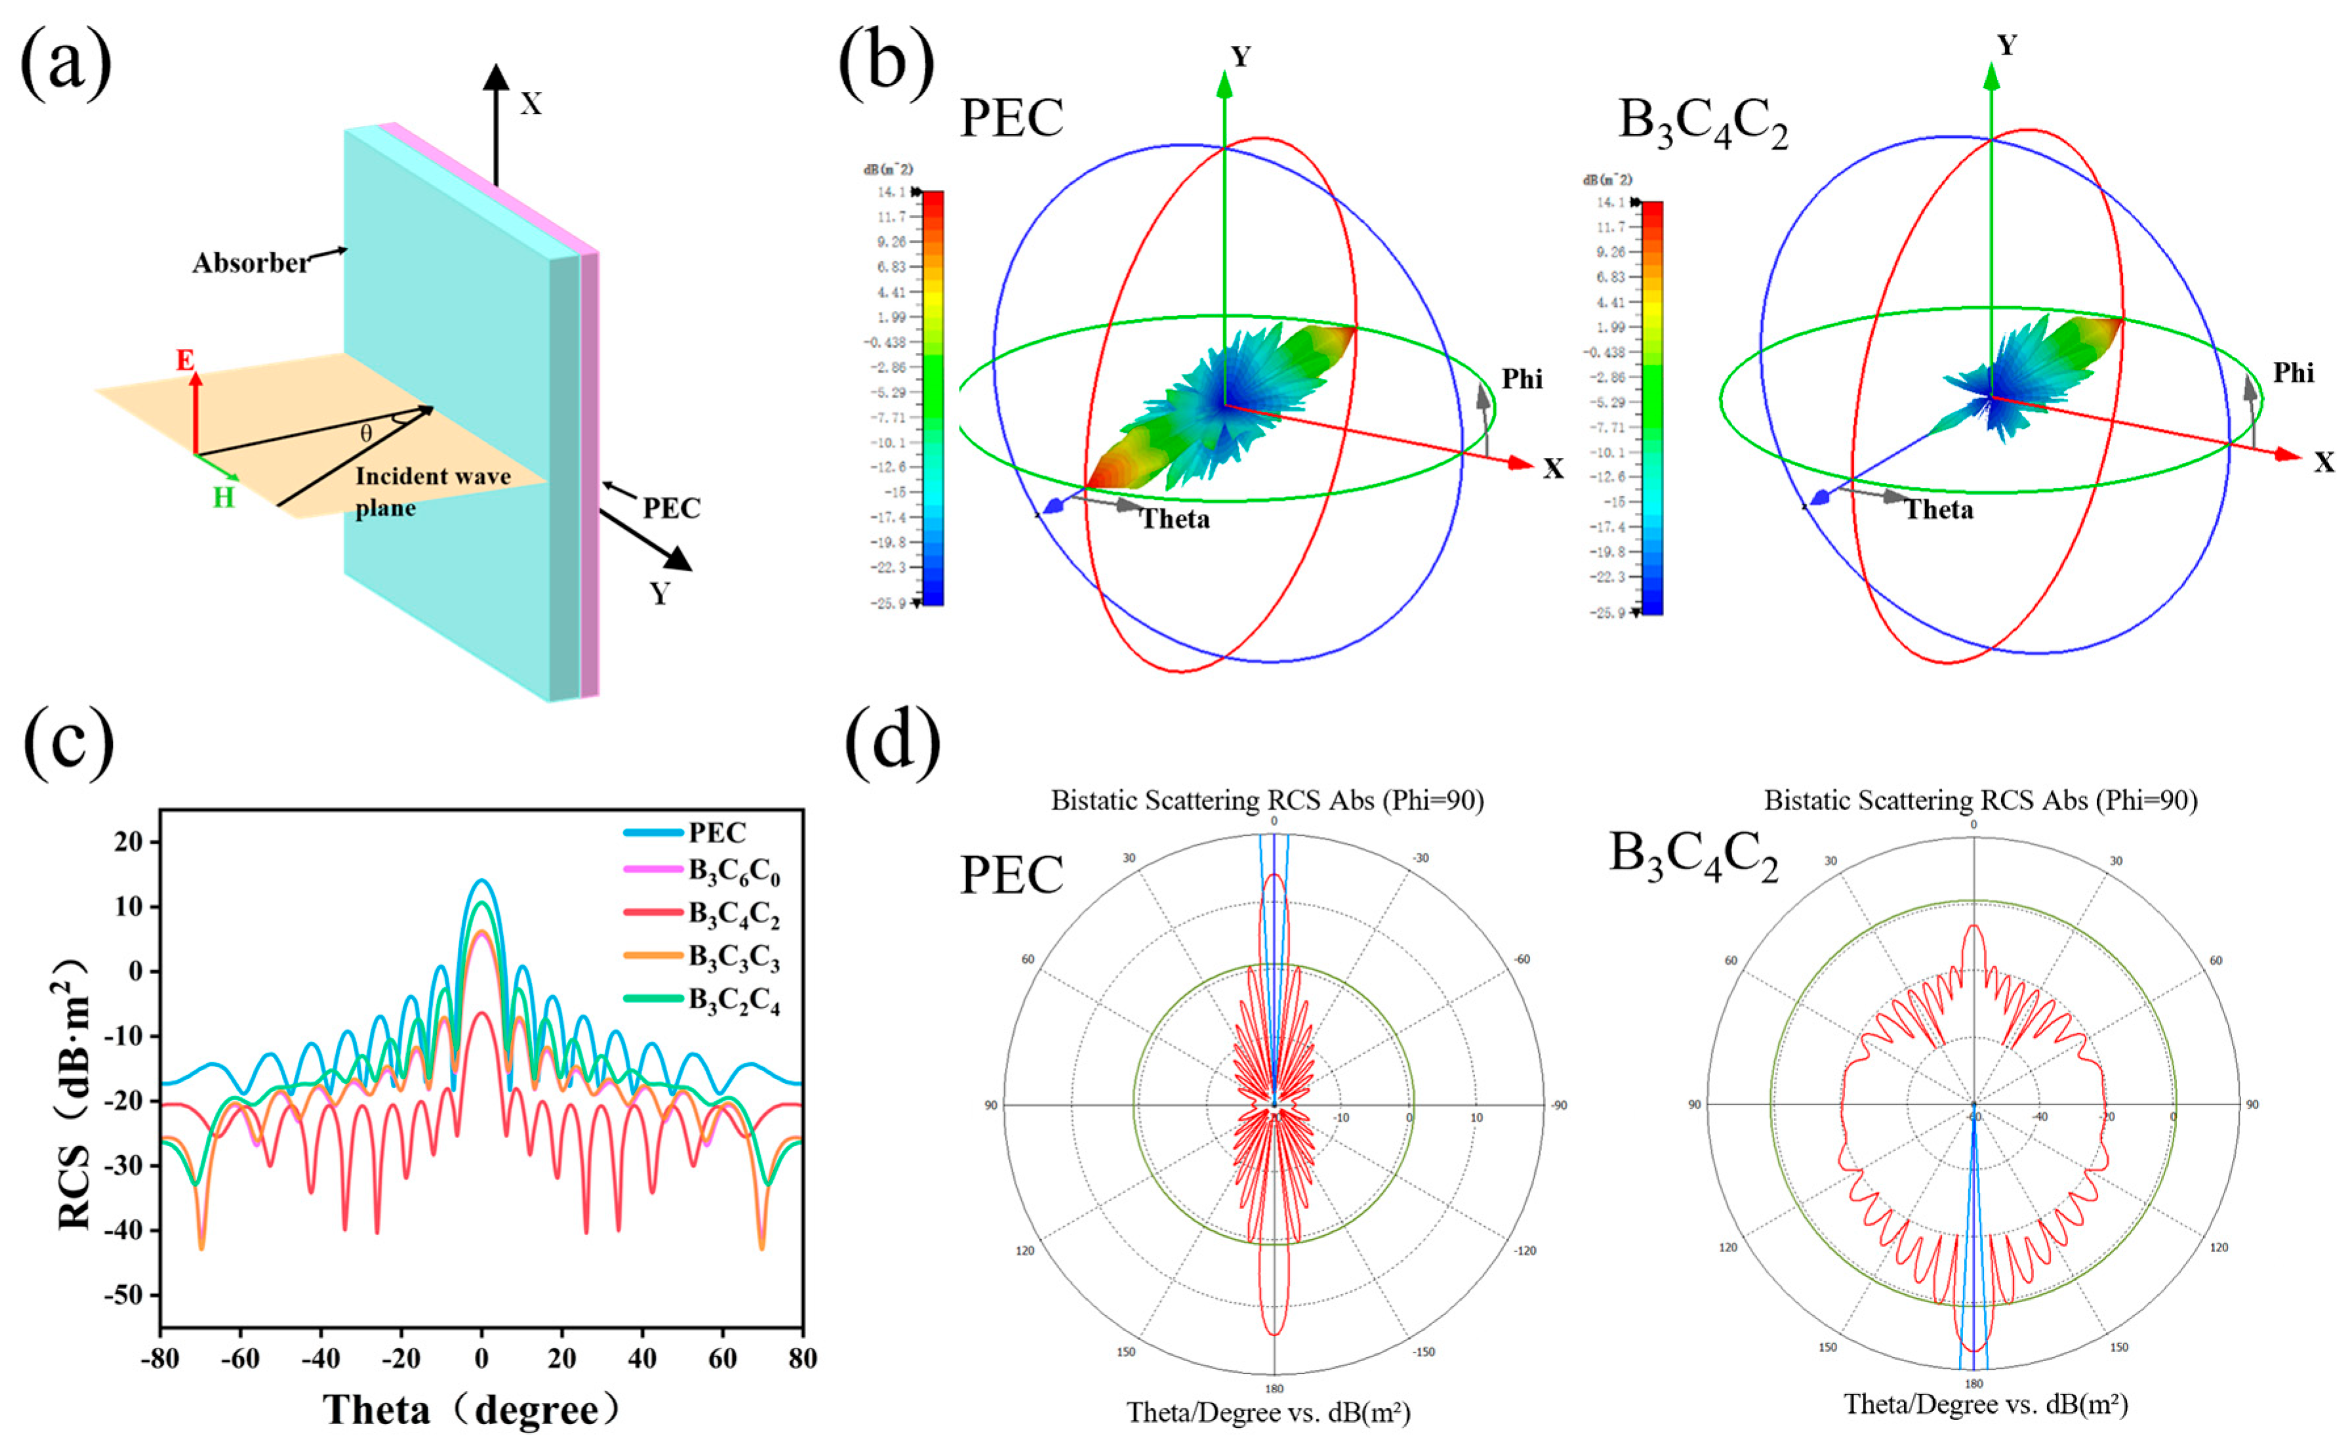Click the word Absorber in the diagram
pyautogui.click(x=251, y=263)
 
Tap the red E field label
pyautogui.click(x=185, y=361)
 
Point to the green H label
pyautogui.click(x=223, y=499)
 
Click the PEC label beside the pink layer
pyautogui.click(x=671, y=508)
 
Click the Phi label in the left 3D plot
pyautogui.click(x=1522, y=380)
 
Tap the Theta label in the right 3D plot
pyautogui.click(x=1939, y=510)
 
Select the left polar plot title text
pyautogui.click(x=1267, y=801)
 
